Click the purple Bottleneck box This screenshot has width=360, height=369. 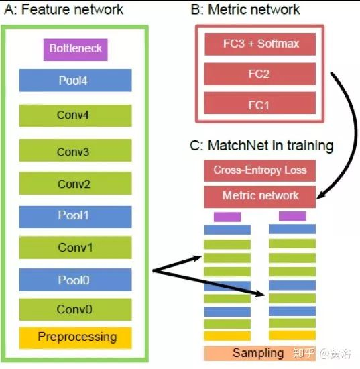coord(76,50)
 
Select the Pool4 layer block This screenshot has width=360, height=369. coord(76,81)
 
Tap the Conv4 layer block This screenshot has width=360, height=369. coord(76,115)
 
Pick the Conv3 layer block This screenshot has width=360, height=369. coord(76,150)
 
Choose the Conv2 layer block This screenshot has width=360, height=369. coord(76,183)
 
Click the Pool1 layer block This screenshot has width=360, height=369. coord(76,217)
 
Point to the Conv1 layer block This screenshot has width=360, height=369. coord(76,248)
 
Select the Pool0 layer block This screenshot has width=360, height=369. coord(76,280)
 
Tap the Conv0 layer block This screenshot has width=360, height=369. coord(76,309)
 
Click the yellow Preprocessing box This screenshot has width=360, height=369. coord(76,337)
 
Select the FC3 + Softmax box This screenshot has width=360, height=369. coord(260,44)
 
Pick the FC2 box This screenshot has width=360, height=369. coord(259,74)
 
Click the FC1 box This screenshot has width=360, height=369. coord(259,103)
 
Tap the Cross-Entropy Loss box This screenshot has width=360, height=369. coord(259,170)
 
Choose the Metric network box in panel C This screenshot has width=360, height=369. coord(259,197)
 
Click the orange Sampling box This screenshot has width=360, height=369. coord(259,353)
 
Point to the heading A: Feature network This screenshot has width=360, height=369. coord(64,9)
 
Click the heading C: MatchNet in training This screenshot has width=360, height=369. coord(261,146)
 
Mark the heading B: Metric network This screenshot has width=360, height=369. coord(245,9)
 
